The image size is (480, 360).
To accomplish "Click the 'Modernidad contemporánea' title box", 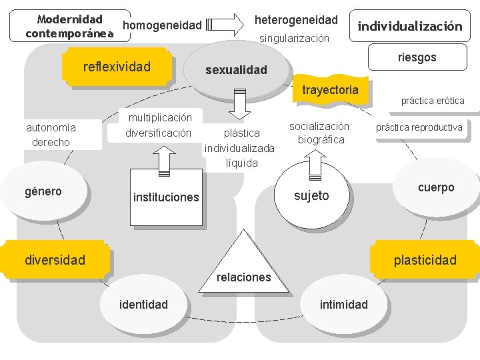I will [69, 26].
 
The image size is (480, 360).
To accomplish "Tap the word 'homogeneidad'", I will [163, 25].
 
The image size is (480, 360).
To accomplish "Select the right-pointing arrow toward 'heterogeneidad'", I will [226, 25].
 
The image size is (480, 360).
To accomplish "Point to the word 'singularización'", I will [295, 39].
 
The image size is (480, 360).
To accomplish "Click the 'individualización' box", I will [409, 27].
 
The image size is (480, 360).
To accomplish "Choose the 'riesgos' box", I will [417, 57].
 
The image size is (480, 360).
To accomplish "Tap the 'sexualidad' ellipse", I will [236, 69].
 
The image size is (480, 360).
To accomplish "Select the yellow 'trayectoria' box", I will [330, 90].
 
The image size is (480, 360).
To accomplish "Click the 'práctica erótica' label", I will [432, 101].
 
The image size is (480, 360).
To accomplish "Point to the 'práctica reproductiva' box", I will [419, 127].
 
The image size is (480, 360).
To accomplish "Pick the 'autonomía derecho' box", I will [51, 134].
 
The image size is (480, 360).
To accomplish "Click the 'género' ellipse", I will [43, 192].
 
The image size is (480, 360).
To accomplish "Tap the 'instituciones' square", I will [166, 197].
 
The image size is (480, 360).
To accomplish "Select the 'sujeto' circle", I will [311, 195].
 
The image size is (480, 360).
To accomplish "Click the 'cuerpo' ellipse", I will [436, 188].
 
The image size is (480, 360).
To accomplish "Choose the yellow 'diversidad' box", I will [55, 259].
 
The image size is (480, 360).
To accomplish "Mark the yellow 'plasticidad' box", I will [425, 260].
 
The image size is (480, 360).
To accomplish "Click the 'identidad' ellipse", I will [143, 305].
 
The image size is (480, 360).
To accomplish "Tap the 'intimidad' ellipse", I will [343, 305].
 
